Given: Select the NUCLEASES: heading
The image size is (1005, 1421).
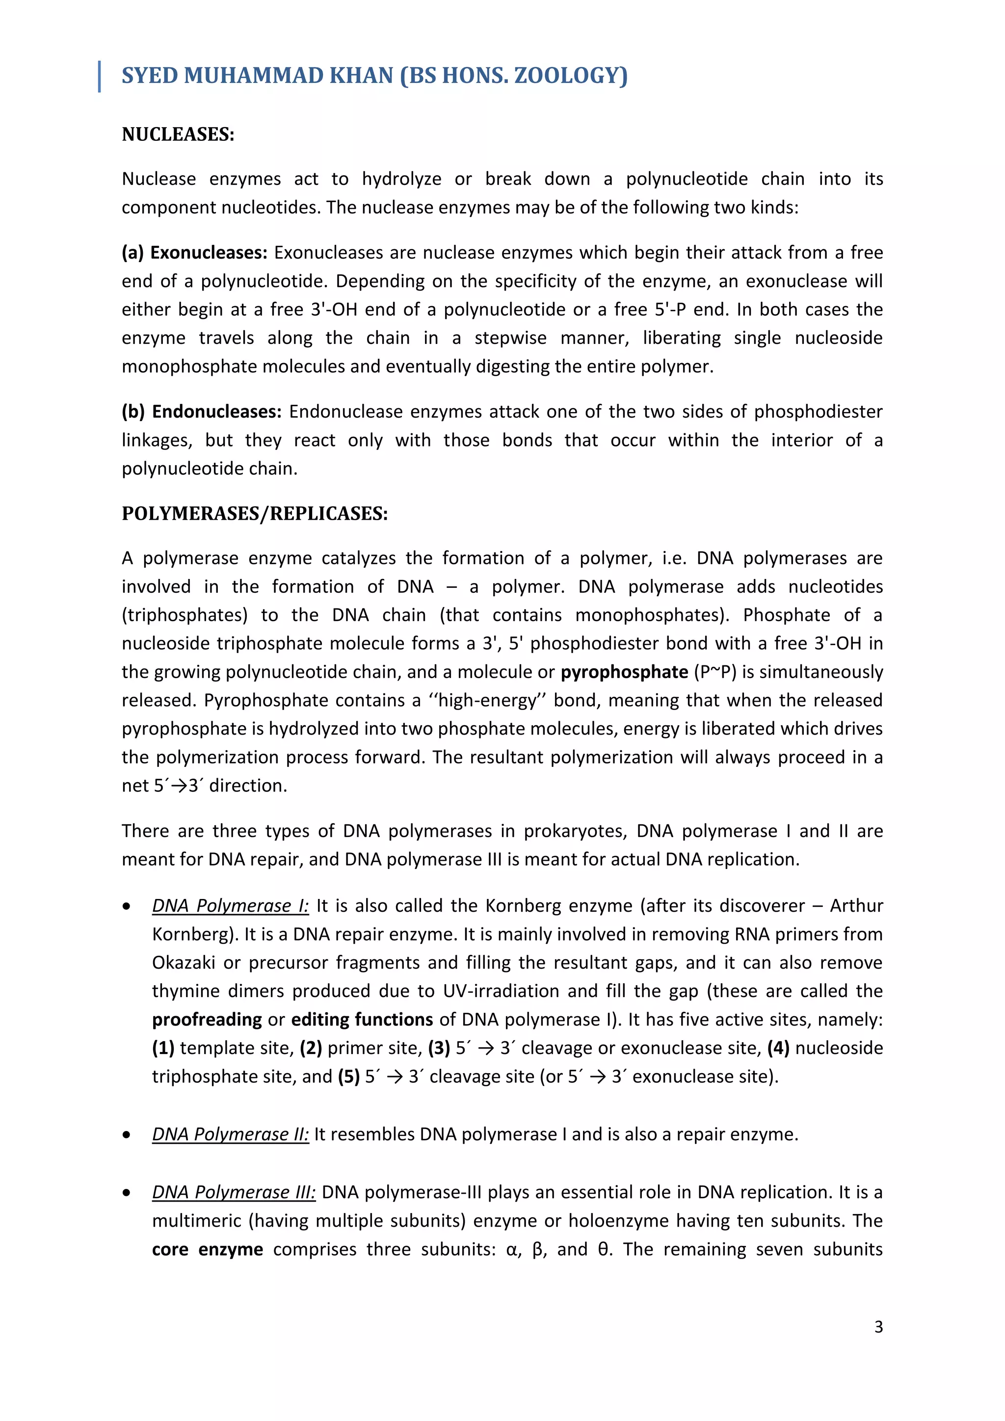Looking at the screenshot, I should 178,134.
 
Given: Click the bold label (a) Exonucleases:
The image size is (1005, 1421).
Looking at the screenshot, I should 194,253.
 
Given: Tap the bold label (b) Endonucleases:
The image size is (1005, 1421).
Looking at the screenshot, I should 201,412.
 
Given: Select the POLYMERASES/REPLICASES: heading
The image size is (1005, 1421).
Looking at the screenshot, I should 254,514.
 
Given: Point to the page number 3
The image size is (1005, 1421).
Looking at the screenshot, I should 878,1326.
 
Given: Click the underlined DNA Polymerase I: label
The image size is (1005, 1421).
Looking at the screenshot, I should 230,906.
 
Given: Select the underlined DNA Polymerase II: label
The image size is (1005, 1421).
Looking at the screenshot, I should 230,1134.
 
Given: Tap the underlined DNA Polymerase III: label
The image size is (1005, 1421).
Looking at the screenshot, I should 233,1193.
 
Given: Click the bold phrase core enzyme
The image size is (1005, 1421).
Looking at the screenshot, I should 207,1250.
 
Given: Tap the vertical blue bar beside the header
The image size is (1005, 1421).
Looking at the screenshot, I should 100,77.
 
